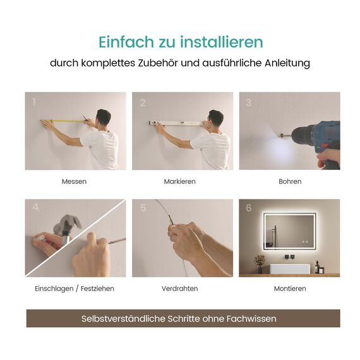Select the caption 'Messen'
click(x=75, y=181)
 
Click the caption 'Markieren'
click(x=180, y=181)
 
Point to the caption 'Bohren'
click(x=290, y=181)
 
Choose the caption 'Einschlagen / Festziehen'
click(x=75, y=289)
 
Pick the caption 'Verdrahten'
click(x=180, y=289)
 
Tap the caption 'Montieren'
click(x=290, y=289)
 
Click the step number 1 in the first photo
click(x=34, y=101)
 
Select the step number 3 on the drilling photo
click(x=248, y=102)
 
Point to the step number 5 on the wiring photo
click(x=143, y=208)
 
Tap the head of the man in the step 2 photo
click(x=215, y=117)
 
